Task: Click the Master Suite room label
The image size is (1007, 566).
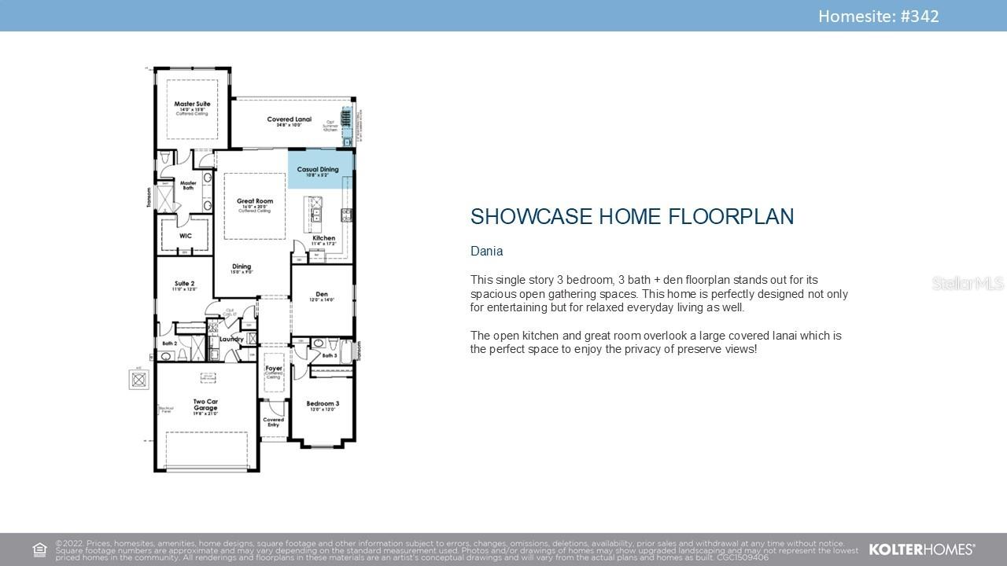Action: tap(191, 104)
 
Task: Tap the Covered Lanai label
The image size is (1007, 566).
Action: tap(289, 119)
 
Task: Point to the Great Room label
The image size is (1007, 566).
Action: tap(254, 202)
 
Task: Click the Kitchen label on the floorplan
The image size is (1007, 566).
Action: tap(323, 237)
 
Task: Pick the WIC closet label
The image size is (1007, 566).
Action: tap(186, 236)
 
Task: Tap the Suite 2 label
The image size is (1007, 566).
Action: tap(183, 283)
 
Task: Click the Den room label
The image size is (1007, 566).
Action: tap(321, 295)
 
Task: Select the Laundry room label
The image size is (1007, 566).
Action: tap(231, 339)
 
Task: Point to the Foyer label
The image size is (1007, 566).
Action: tap(273, 368)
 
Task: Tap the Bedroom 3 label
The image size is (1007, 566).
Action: tap(323, 404)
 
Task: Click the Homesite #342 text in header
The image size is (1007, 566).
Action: tap(878, 16)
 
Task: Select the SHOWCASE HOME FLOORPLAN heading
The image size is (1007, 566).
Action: tap(632, 217)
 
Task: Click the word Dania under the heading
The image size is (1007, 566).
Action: tap(486, 252)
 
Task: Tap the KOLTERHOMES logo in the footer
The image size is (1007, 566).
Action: tap(921, 549)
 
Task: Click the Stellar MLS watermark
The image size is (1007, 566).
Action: tap(967, 283)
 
